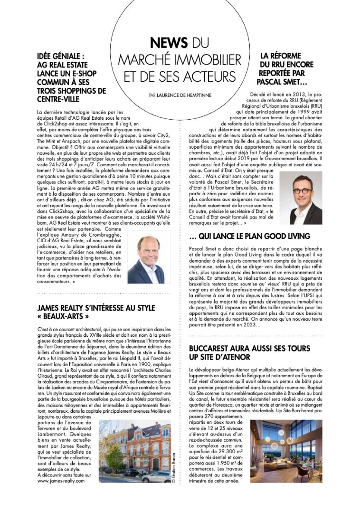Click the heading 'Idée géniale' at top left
coord(61,56)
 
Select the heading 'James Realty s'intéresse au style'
coord(96,308)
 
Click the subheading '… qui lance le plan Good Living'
coord(249,236)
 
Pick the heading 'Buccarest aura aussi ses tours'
coord(249,348)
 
